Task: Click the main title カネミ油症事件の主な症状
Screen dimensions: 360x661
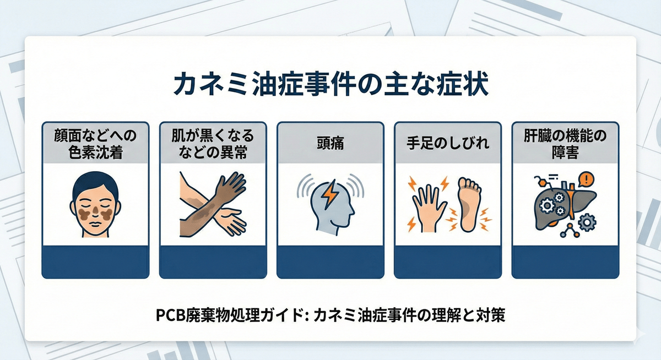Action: coord(330,86)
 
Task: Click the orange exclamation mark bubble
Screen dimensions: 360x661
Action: coord(588,179)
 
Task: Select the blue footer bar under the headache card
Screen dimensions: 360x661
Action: coord(330,261)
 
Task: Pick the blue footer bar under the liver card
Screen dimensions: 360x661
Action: coord(565,261)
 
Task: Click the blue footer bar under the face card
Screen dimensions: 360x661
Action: coord(95,261)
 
